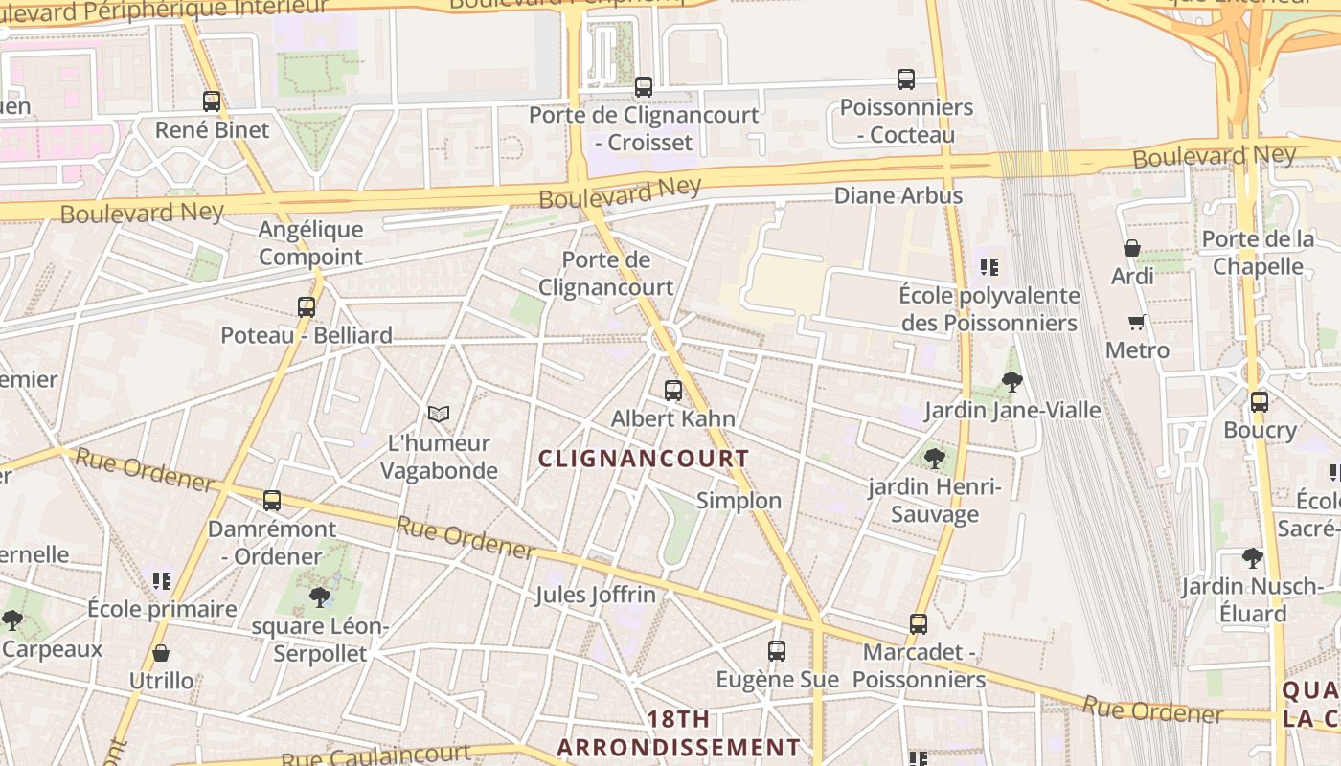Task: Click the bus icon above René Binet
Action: pyautogui.click(x=212, y=101)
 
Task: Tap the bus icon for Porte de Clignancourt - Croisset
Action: pyautogui.click(x=644, y=87)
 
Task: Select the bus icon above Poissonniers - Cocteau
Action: pyautogui.click(x=906, y=79)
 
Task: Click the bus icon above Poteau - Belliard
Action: pyautogui.click(x=307, y=307)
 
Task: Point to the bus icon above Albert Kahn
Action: pyautogui.click(x=673, y=391)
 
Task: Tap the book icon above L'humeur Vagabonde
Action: pyautogui.click(x=439, y=414)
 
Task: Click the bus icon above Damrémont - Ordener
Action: pyautogui.click(x=272, y=501)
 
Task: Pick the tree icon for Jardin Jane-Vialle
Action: pyautogui.click(x=1011, y=383)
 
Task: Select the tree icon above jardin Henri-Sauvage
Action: pyautogui.click(x=935, y=459)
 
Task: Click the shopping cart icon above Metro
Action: pyautogui.click(x=1137, y=322)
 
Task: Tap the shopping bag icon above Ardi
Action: pyautogui.click(x=1132, y=248)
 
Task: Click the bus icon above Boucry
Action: pyautogui.click(x=1260, y=402)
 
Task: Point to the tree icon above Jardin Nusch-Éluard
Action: pyautogui.click(x=1252, y=557)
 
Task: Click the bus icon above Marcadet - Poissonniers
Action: pyautogui.click(x=919, y=624)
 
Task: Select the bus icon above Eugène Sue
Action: pyautogui.click(x=777, y=651)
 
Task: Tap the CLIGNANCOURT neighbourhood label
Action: pyautogui.click(x=644, y=459)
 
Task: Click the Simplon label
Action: pyautogui.click(x=739, y=501)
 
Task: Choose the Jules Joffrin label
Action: pyautogui.click(x=596, y=595)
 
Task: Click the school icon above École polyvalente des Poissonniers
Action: pyautogui.click(x=989, y=267)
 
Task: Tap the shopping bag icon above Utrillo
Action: pyautogui.click(x=161, y=654)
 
